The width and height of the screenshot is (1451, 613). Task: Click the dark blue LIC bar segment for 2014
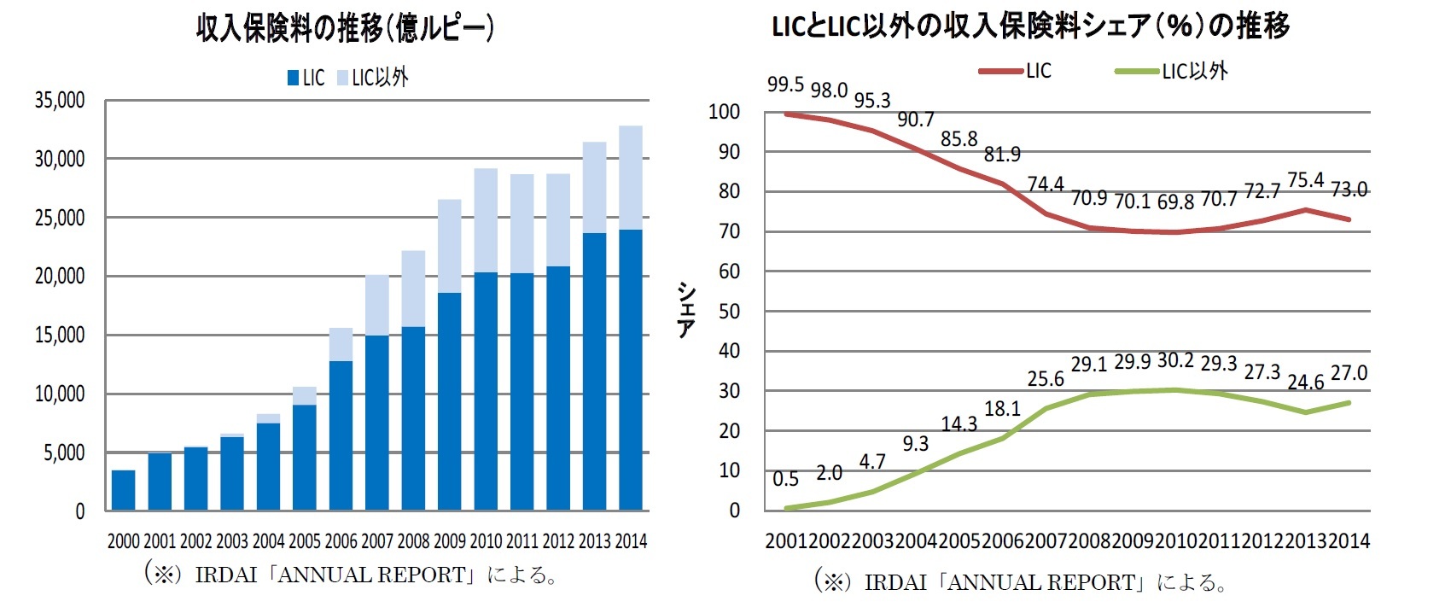click(631, 369)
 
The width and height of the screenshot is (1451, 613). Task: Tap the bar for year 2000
click(124, 490)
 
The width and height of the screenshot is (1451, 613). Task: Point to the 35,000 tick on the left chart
click(60, 101)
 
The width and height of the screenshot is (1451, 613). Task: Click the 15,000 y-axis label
click(60, 336)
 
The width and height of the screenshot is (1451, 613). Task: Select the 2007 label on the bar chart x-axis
click(377, 541)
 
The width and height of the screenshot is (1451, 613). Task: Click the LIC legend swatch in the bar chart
click(293, 79)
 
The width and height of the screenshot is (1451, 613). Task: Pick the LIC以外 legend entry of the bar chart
click(373, 79)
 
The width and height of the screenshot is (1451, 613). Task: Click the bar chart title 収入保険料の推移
click(345, 29)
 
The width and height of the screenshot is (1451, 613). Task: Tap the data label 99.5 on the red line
click(785, 85)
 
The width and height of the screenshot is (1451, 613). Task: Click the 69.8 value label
click(1175, 202)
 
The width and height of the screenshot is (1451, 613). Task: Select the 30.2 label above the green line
click(1175, 361)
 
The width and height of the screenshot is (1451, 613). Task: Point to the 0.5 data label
click(785, 479)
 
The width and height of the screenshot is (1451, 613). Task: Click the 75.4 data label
click(1305, 180)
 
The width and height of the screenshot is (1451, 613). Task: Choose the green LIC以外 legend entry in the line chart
click(1173, 72)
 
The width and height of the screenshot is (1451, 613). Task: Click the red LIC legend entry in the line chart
click(1016, 72)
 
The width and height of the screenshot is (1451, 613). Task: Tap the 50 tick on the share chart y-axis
click(729, 312)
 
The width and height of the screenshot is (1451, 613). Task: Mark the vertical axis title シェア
click(685, 311)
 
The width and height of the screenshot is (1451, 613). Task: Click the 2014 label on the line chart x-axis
click(1349, 541)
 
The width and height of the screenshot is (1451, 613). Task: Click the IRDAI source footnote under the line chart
click(1022, 583)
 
